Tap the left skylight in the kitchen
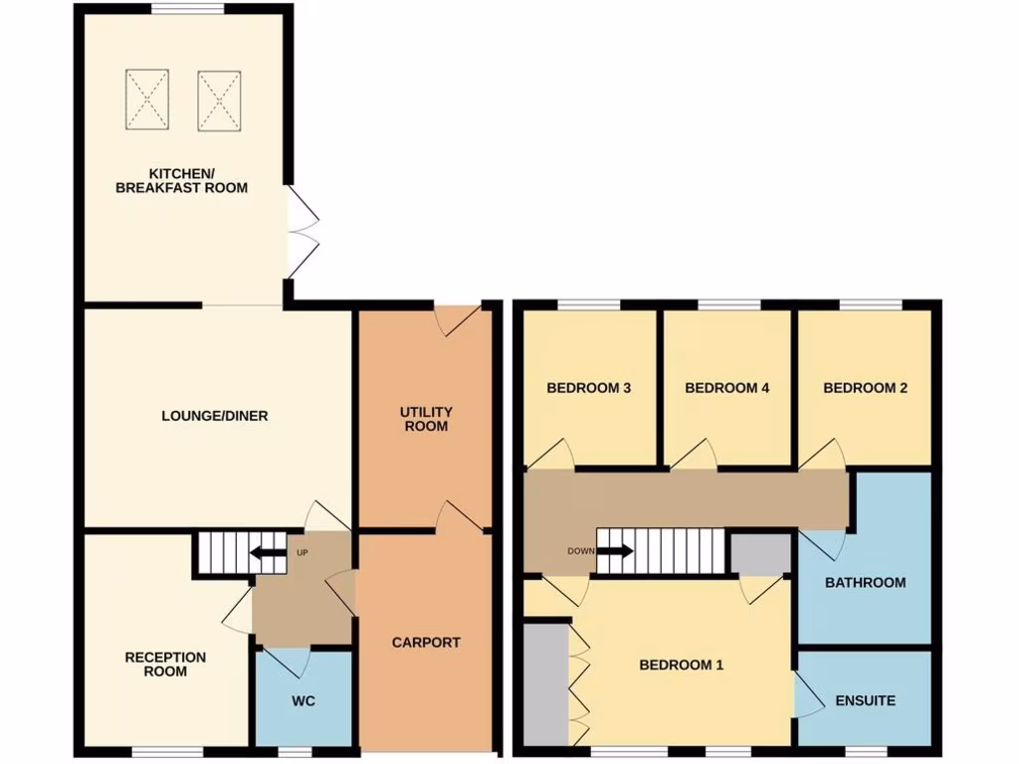point(147,99)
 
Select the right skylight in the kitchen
point(219,99)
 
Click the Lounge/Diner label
point(215,416)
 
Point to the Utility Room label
point(426,419)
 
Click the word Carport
point(426,643)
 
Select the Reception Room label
point(165,665)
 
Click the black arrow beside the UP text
point(267,554)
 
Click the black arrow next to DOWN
point(615,551)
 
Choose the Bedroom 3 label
point(589,388)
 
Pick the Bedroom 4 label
point(727,388)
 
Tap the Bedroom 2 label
point(865,388)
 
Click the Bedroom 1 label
point(681,665)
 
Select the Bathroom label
point(865,582)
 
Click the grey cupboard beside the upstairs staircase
point(760,554)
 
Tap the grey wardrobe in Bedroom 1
point(544,683)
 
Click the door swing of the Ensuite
point(809,695)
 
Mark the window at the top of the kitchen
point(187,9)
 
